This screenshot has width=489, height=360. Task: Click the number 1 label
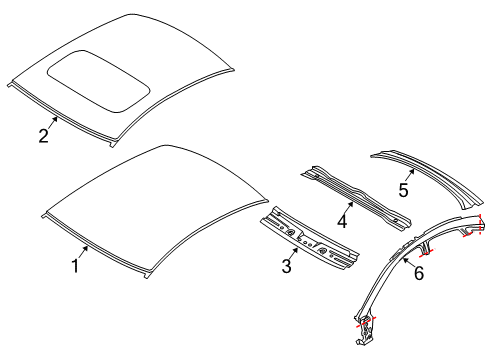pyautogui.click(x=75, y=266)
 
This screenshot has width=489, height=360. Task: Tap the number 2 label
pyautogui.click(x=43, y=136)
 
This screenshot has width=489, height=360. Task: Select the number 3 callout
pyautogui.click(x=287, y=266)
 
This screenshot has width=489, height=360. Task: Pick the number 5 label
pyautogui.click(x=404, y=189)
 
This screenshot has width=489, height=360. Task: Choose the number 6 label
pyautogui.click(x=418, y=272)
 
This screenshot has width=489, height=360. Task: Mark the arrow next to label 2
pyautogui.click(x=54, y=123)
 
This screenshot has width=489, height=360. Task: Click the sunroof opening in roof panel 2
pyautogui.click(x=98, y=78)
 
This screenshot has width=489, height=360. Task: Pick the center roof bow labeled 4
pyautogui.click(x=355, y=195)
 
